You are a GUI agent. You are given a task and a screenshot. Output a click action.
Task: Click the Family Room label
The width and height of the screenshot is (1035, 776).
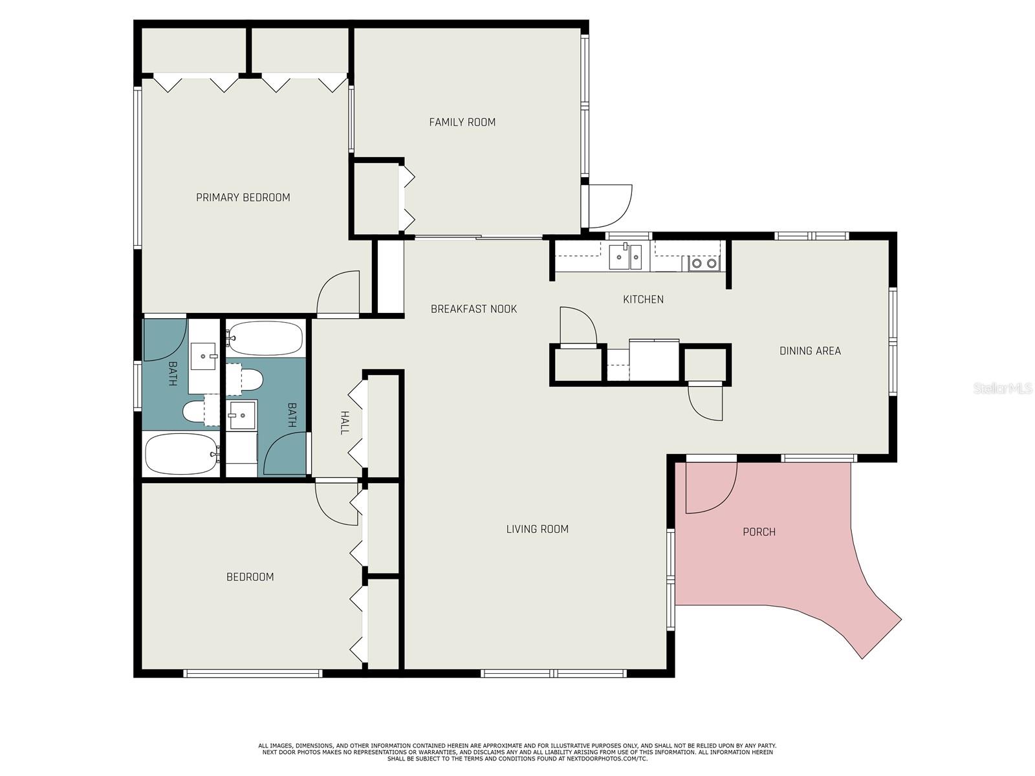(x=462, y=122)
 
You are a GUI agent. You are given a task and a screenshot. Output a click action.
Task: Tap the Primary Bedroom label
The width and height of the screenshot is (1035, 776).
(x=243, y=197)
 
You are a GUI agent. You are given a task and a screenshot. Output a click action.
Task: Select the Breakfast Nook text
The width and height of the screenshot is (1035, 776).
(x=474, y=309)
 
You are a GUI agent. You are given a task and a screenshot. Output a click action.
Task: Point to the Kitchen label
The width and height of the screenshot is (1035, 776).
(x=643, y=299)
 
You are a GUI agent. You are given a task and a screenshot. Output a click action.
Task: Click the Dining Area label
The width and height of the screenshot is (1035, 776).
(x=810, y=351)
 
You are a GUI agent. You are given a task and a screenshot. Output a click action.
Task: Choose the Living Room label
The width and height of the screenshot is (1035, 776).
(x=537, y=529)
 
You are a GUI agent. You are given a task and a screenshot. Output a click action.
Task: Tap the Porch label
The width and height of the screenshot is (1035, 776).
(x=759, y=532)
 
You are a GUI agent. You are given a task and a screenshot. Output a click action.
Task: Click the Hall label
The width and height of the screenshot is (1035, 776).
(x=345, y=422)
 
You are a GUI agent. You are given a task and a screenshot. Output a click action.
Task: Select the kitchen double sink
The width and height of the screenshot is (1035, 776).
(x=626, y=257)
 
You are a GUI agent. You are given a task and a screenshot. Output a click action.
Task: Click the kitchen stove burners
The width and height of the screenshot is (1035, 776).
(x=704, y=263)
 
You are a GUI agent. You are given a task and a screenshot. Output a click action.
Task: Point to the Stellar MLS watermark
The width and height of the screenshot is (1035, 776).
(x=1002, y=388)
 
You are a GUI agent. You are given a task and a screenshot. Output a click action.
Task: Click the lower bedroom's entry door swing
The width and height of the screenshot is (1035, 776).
(x=336, y=502)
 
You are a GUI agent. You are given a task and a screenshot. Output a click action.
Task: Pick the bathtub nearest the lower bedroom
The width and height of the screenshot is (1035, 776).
(x=182, y=454)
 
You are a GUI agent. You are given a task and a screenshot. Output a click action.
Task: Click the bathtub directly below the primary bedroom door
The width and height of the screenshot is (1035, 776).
(x=264, y=338)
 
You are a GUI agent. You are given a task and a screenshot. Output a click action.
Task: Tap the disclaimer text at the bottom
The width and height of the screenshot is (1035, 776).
(x=517, y=752)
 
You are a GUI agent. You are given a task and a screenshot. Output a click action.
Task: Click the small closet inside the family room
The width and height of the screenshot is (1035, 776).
(x=376, y=198)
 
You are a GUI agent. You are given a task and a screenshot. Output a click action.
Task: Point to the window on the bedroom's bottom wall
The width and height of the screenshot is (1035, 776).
(x=253, y=673)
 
